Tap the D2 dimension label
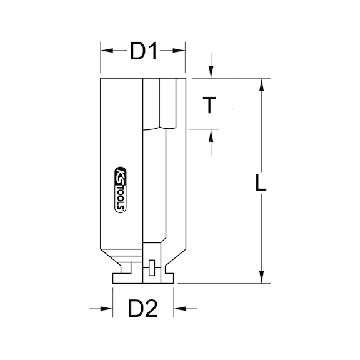click(143, 307)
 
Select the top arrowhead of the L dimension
click(262, 85)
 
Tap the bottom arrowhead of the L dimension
click(262, 278)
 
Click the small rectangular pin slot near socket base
click(151, 269)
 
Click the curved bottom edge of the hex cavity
click(166, 127)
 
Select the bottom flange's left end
click(114, 279)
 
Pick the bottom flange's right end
click(173, 279)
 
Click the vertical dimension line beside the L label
click(262, 237)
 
